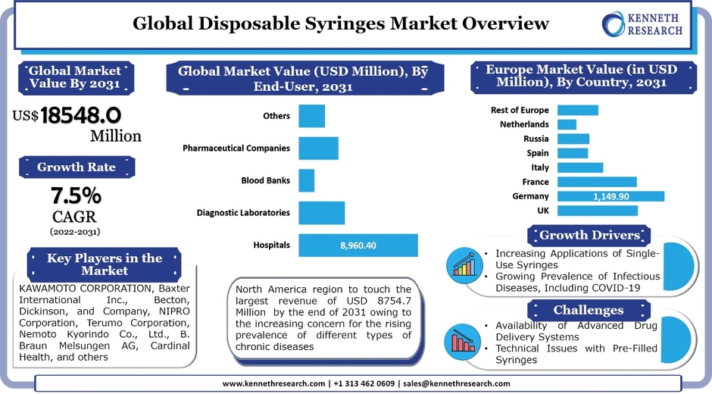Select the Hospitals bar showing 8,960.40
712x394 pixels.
point(358,245)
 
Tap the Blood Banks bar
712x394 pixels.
point(306,180)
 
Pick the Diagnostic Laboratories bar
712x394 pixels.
point(321,213)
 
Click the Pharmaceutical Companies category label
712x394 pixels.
point(236,149)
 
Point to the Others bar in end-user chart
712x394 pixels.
point(311,116)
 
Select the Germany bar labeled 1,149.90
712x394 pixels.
point(611,196)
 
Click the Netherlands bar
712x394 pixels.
point(567,124)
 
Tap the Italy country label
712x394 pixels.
point(540,167)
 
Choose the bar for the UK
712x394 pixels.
point(597,211)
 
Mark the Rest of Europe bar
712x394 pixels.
point(577,110)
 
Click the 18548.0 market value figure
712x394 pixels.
point(81,115)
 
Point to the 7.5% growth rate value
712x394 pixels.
point(76,196)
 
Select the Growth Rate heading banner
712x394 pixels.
point(77,167)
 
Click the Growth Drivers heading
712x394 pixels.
point(589,235)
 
